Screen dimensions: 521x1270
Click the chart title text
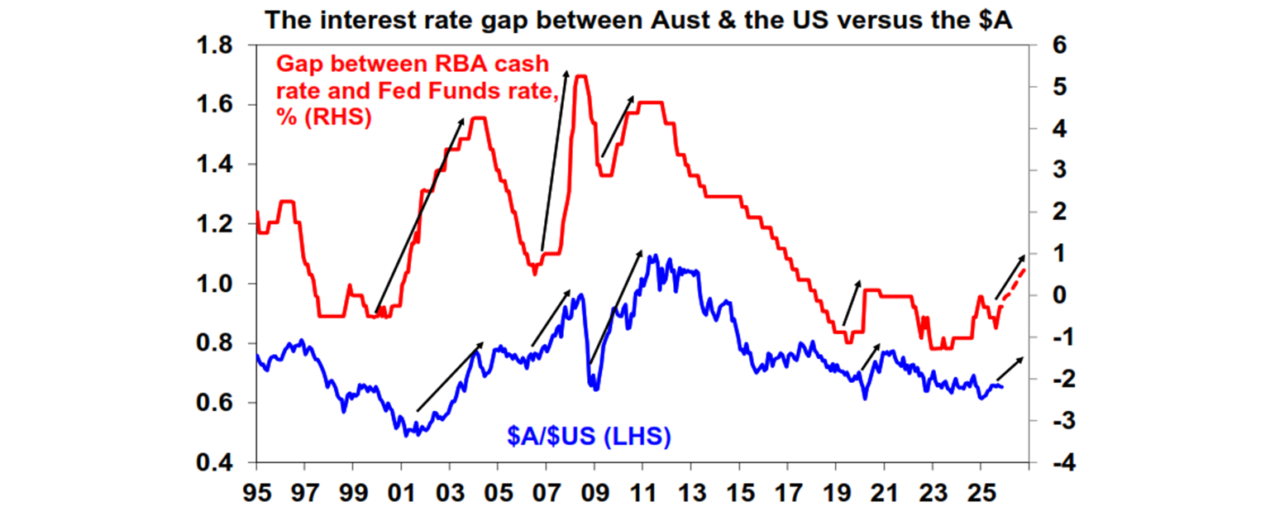[x=638, y=19]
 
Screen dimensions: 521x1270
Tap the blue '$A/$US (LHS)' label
[x=588, y=436]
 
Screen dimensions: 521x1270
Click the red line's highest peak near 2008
[x=580, y=76]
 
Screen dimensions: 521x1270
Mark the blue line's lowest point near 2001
[x=408, y=433]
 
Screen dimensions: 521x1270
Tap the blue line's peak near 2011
[x=653, y=256]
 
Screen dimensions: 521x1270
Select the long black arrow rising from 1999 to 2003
[x=418, y=215]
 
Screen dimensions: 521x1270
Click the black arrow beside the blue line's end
[x=1010, y=370]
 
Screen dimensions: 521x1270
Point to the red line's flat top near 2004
[x=478, y=118]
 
